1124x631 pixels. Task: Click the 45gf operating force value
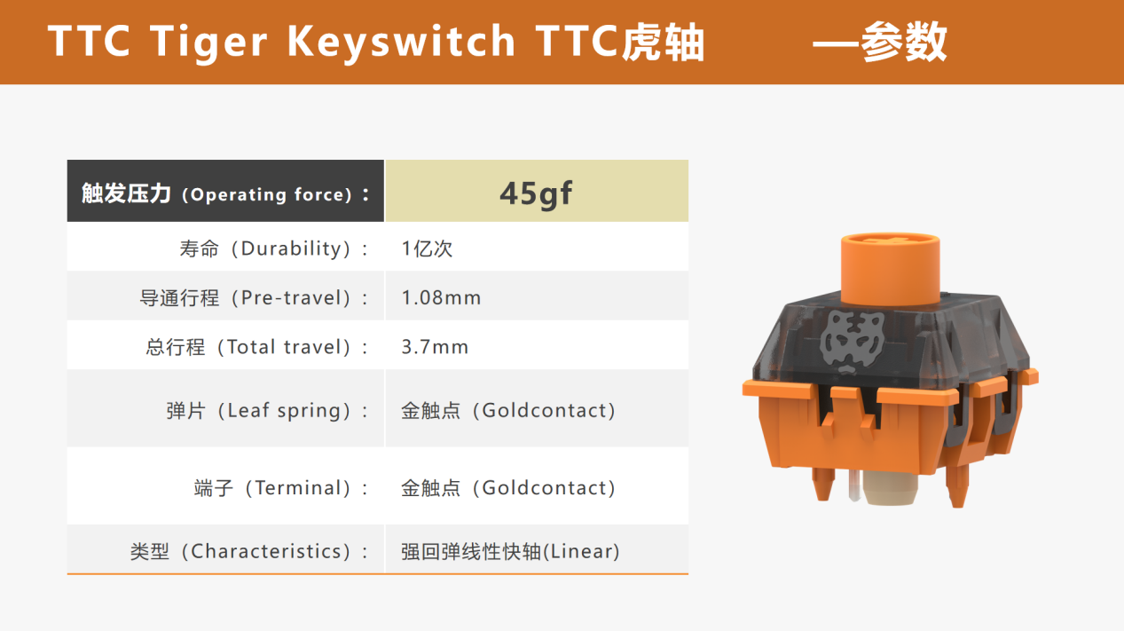tap(536, 193)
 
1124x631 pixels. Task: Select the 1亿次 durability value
tap(427, 248)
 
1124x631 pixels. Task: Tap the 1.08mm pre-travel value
tap(441, 297)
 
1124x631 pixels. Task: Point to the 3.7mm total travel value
tap(435, 347)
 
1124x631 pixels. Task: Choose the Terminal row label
tap(281, 488)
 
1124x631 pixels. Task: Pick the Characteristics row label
tap(249, 551)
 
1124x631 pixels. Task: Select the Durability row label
tap(274, 248)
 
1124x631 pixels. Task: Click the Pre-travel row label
tap(255, 297)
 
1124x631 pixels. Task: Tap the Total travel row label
tap(257, 347)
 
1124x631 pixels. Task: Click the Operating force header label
tap(226, 193)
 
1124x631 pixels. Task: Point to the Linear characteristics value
tap(510, 551)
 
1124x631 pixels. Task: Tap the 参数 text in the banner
tap(904, 42)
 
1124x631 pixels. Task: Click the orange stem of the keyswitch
tap(890, 269)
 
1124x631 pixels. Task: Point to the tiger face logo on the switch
tap(852, 342)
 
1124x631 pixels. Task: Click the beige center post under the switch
tap(890, 488)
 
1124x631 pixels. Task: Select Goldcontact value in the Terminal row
tap(508, 488)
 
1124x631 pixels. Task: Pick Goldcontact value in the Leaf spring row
tap(508, 411)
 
